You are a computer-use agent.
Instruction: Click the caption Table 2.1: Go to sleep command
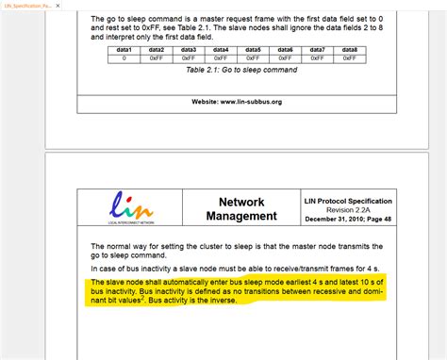click(240, 71)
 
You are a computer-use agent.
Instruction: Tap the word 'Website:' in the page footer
click(210, 102)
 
